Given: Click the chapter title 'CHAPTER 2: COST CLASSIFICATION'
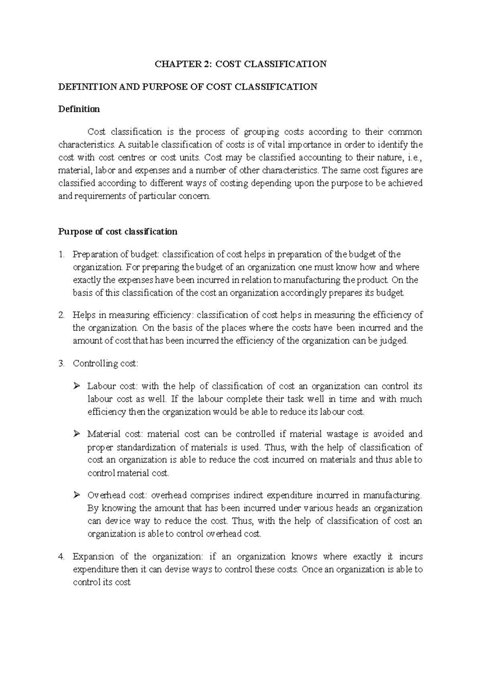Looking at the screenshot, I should (x=241, y=64).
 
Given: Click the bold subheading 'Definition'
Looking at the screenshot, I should (x=79, y=109).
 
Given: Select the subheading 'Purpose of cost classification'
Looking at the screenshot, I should (x=118, y=232).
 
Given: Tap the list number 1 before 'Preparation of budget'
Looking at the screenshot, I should (x=61, y=255).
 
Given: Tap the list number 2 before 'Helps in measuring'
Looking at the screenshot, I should (x=61, y=315).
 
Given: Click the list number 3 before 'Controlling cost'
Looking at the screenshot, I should (x=61, y=364).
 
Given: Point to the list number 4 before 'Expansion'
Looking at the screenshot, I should (x=61, y=557).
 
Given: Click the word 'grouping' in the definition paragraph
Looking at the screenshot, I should (x=261, y=132).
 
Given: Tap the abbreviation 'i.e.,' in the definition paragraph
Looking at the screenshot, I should (x=413, y=157).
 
